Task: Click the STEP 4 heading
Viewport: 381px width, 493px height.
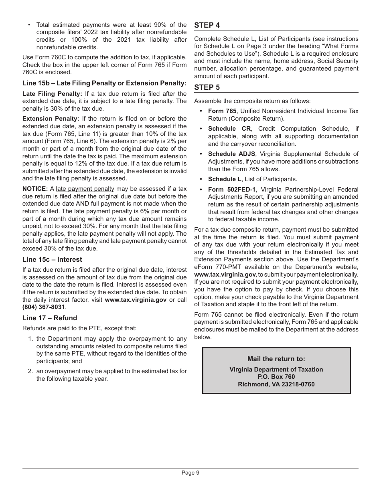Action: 207,25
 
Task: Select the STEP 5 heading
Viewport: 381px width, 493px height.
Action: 207,87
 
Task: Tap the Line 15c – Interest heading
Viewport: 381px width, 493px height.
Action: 52,259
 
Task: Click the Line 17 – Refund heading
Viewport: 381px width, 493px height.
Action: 50,318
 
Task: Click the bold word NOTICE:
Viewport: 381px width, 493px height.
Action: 35,189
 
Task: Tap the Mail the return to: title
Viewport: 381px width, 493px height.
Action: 276,359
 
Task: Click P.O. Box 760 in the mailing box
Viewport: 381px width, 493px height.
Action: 276,377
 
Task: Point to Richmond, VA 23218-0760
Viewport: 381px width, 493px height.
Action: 276,384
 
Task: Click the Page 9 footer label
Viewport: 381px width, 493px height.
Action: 190,473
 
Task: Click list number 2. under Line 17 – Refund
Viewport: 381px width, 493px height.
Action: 30,371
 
